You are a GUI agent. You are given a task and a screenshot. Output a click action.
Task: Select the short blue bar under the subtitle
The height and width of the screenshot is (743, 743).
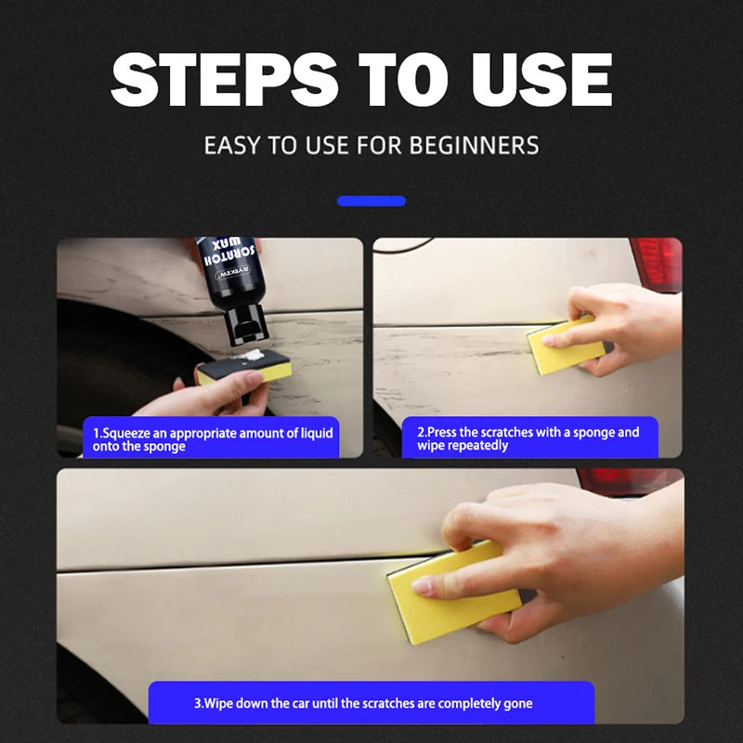click(371, 201)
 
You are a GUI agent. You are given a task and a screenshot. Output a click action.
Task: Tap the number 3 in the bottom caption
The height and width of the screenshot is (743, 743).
click(197, 703)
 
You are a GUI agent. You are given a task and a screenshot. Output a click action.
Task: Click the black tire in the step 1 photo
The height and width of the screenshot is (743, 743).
click(102, 362)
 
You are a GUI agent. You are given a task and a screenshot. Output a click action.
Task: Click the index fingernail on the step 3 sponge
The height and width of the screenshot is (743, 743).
click(423, 586)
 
